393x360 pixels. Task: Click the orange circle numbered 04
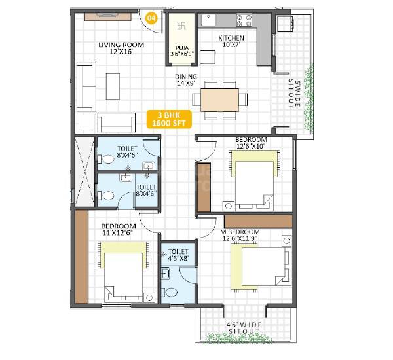pyautogui.click(x=152, y=18)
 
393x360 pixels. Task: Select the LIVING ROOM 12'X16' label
pyautogui.click(x=121, y=48)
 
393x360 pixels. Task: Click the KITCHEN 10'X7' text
pyautogui.click(x=231, y=42)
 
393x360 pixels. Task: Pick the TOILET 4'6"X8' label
pyautogui.click(x=178, y=255)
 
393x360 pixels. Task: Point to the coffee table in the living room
pyautogui.click(x=113, y=86)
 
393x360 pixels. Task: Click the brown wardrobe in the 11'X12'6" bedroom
pyautogui.click(x=81, y=257)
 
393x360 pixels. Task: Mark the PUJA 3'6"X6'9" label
pyautogui.click(x=181, y=50)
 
